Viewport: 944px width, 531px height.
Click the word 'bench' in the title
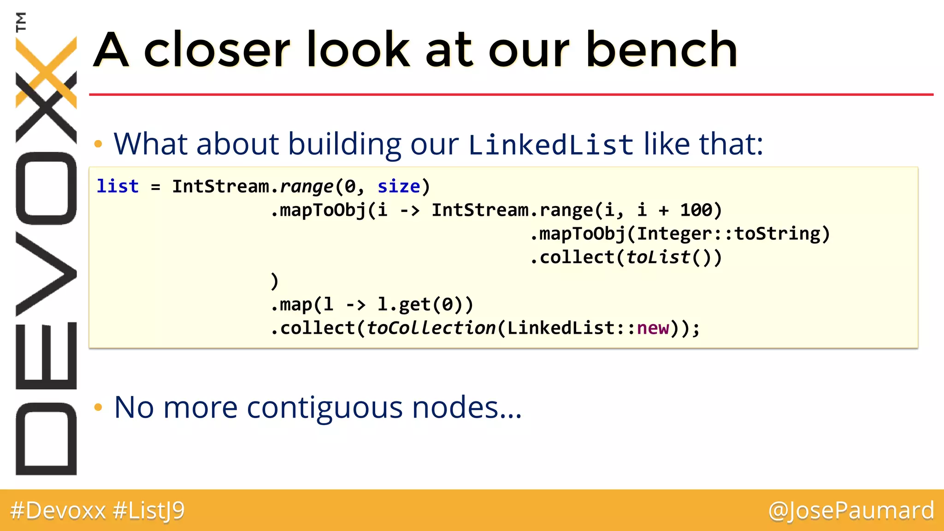(x=661, y=50)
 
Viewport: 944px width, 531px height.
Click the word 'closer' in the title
(x=217, y=50)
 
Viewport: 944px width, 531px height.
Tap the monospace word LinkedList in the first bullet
(x=551, y=145)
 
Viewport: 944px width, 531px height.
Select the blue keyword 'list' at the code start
(x=118, y=186)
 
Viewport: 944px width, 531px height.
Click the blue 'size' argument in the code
(x=399, y=186)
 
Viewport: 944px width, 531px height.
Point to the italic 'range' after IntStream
(x=307, y=186)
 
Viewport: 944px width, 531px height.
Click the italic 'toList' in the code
(x=658, y=257)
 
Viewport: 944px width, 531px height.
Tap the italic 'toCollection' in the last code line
(x=431, y=328)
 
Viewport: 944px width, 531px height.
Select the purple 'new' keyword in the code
(x=653, y=328)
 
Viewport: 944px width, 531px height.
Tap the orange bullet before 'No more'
(x=98, y=407)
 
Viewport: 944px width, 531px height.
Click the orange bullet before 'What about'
(x=98, y=144)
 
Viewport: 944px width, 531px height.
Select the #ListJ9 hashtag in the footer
(x=148, y=511)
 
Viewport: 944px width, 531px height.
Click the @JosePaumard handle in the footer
(x=851, y=511)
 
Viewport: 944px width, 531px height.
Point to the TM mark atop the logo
(x=21, y=22)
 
